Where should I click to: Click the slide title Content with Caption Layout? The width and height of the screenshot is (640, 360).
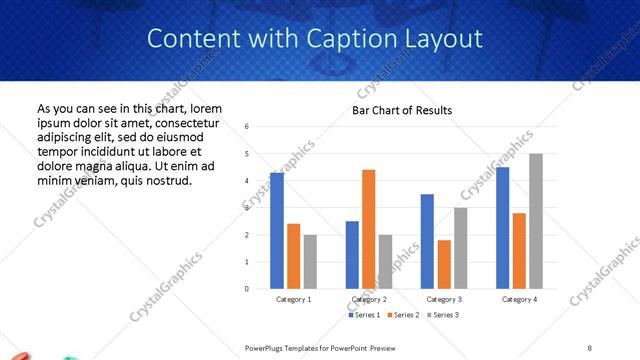pos(315,39)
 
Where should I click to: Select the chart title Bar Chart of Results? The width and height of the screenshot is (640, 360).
pos(402,110)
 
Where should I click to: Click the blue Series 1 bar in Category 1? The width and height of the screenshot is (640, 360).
pos(277,231)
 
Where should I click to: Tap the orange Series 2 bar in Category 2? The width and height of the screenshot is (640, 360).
pos(369,229)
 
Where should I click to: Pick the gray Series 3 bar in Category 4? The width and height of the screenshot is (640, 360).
pos(536,221)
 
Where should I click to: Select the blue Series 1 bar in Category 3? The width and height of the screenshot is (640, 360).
pos(427,241)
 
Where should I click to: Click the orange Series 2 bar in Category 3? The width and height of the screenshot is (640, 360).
pos(444,264)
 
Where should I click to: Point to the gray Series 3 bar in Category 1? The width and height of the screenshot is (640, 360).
pos(311,262)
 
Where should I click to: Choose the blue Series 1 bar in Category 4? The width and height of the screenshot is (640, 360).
pos(502,228)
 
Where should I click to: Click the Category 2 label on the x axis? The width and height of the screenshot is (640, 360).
pos(369,299)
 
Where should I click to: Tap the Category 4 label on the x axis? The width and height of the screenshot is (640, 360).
pos(519,299)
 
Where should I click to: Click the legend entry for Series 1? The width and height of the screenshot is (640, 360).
pos(364,315)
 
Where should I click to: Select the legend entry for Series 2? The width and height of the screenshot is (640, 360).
pos(403,315)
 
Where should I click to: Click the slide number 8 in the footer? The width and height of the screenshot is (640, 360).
pos(590,347)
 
